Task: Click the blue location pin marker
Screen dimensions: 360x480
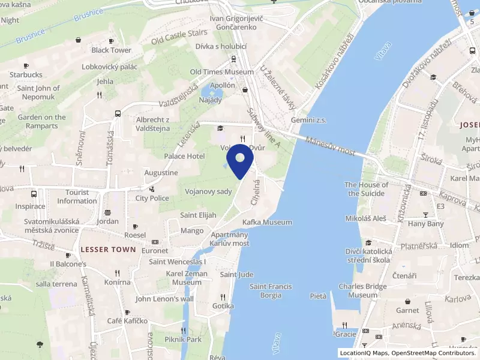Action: tap(240, 161)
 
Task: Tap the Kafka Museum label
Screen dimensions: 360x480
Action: tap(267, 222)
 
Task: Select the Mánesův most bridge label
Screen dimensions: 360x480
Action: tap(329, 146)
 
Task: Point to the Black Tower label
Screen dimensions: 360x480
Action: tap(112, 50)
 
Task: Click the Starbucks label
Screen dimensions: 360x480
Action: tap(26, 74)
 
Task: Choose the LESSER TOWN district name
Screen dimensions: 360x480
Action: tap(108, 249)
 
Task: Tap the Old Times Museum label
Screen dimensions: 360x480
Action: tap(222, 72)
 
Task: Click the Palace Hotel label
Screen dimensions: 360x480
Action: tap(185, 156)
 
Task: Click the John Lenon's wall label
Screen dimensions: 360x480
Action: tap(165, 299)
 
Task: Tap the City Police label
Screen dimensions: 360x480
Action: tap(152, 198)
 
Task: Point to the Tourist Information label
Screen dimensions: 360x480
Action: tap(77, 197)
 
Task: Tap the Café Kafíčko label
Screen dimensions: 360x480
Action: tap(127, 321)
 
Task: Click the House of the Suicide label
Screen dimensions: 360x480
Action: tap(366, 189)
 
